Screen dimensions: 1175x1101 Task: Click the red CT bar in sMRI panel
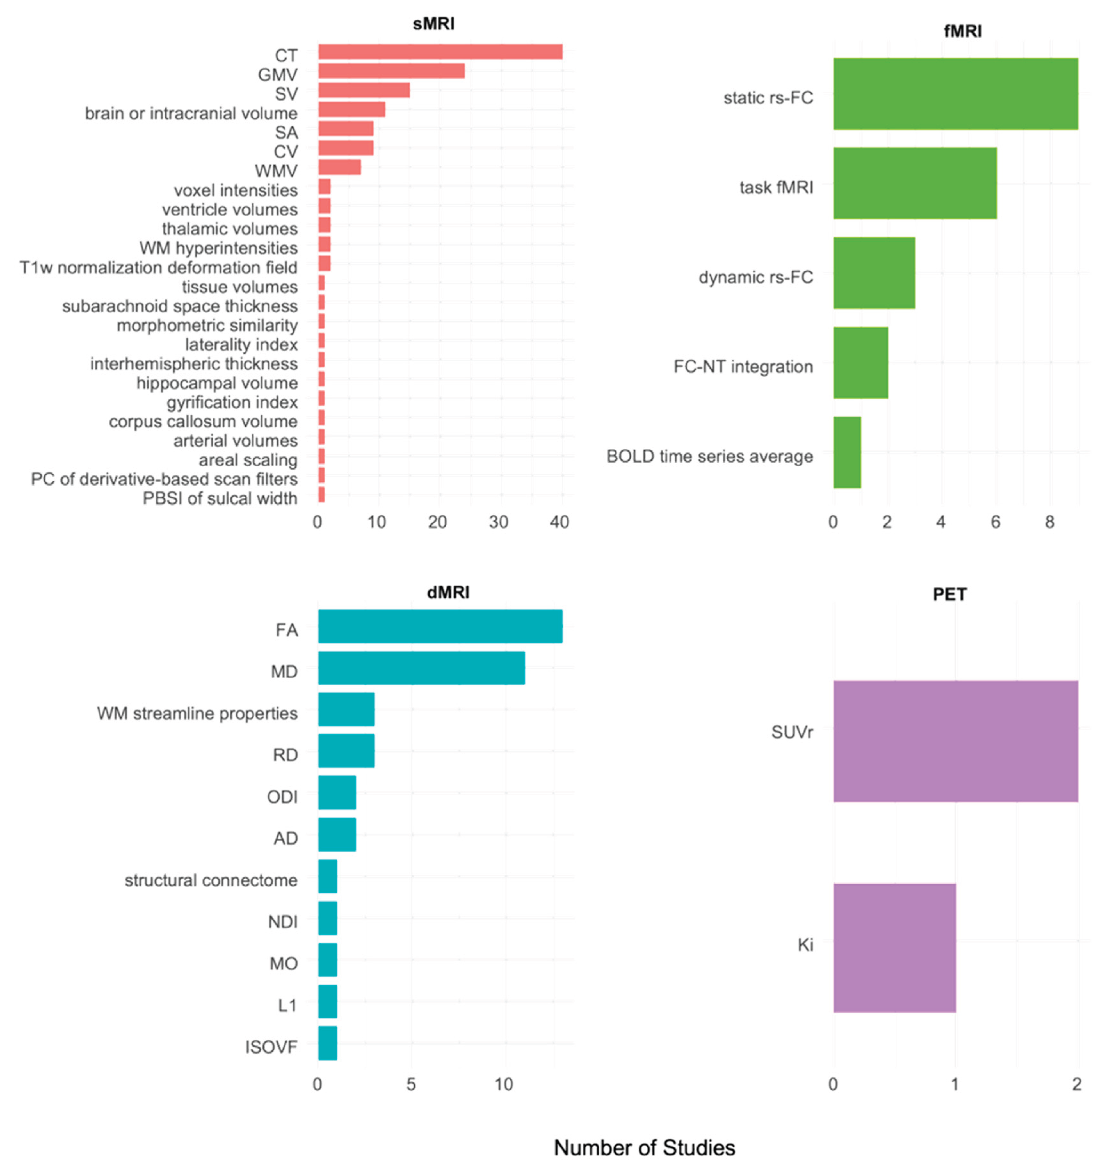[x=440, y=52]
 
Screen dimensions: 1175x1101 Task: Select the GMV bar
[x=391, y=71]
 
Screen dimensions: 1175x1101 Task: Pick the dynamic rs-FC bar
[x=874, y=273]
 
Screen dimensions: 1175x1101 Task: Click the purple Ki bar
[x=894, y=948]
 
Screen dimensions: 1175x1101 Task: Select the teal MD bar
[x=422, y=668]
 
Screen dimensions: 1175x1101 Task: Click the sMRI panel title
[x=433, y=24]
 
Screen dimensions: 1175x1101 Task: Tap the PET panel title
[x=949, y=595]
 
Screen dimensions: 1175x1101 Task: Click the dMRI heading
[x=448, y=593]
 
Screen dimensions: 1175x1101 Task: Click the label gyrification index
[x=232, y=402]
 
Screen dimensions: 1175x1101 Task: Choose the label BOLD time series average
[x=710, y=457]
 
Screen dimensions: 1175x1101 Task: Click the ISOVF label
[x=271, y=1047]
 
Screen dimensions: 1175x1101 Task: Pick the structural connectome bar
[x=327, y=877]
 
